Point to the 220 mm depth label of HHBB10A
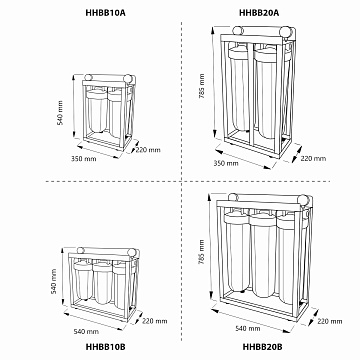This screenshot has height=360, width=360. point(146,149)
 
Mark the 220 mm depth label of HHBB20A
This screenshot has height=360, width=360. point(313,156)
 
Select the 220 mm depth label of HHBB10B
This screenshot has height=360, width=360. point(155,321)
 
